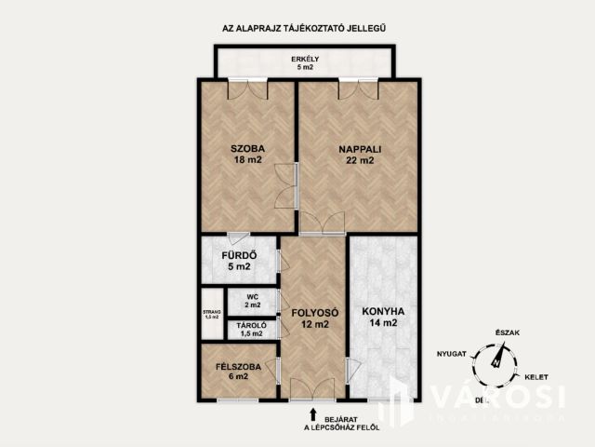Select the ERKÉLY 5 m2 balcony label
[x=306, y=63]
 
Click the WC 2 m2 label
[x=252, y=301]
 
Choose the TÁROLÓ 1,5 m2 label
[x=252, y=329]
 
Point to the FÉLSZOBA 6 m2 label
[x=231, y=370]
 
